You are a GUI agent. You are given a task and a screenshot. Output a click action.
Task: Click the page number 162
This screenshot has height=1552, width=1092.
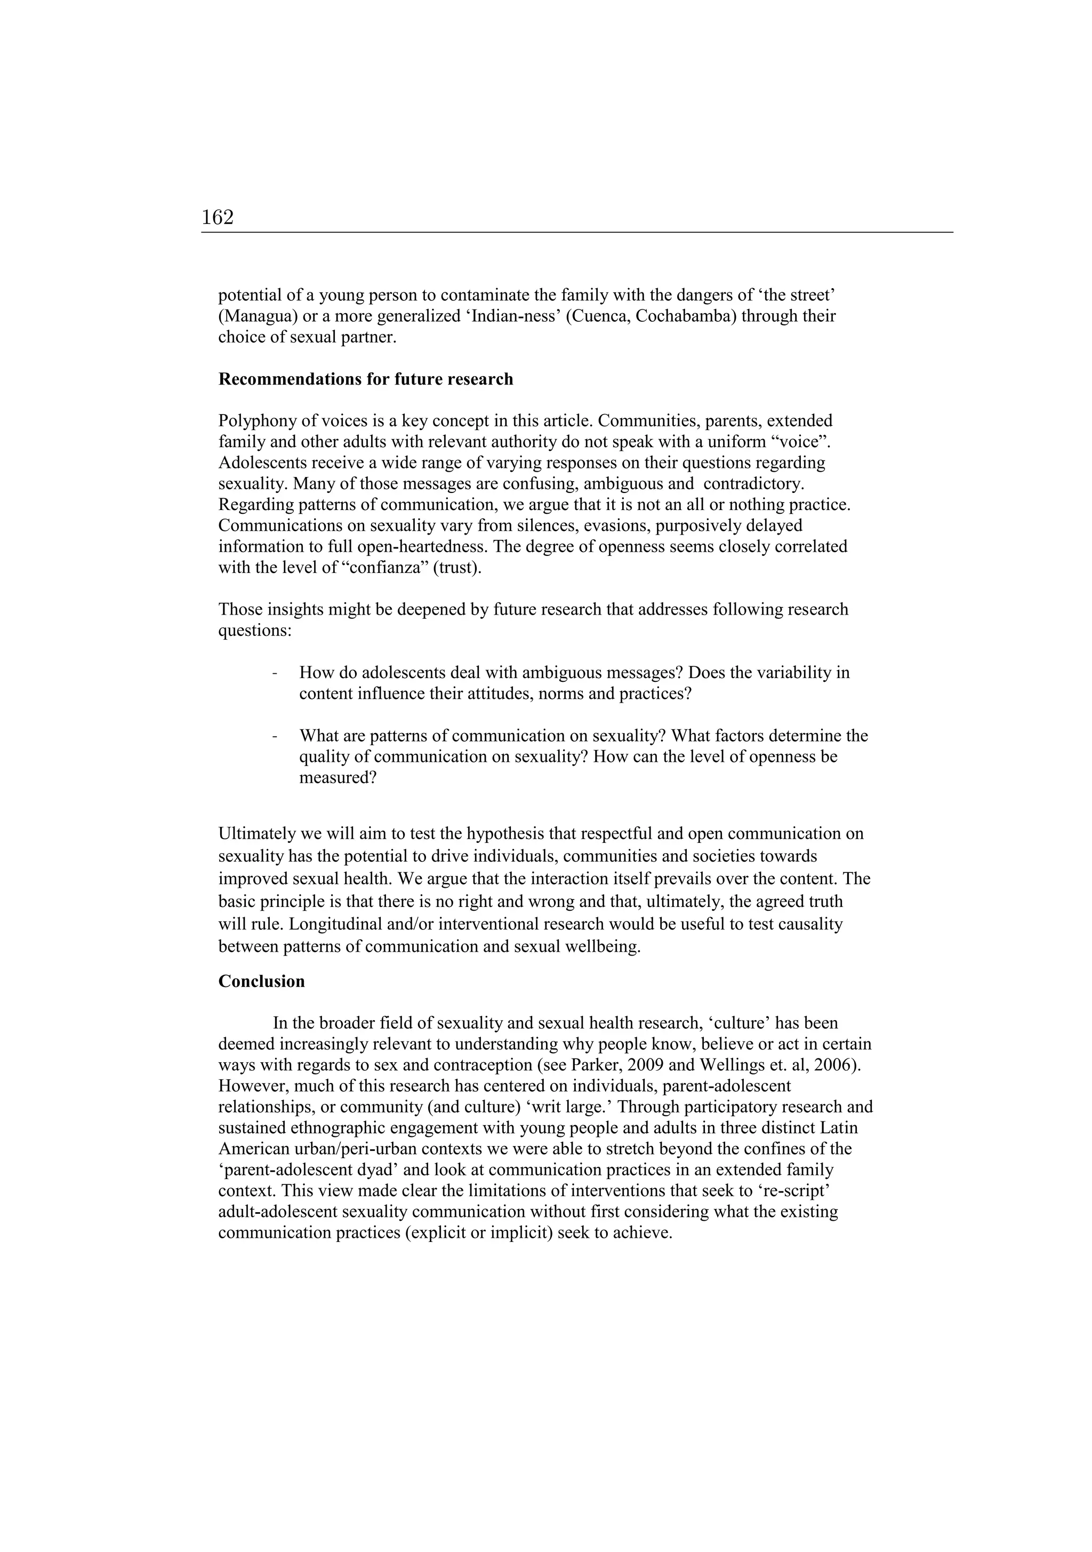pos(218,218)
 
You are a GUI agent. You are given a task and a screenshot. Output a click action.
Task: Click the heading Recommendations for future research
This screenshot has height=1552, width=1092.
pos(366,379)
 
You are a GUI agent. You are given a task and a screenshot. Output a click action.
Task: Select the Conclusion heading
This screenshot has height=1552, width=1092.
pos(261,982)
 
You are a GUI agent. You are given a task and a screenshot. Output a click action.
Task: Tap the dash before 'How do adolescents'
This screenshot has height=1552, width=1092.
pos(274,673)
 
